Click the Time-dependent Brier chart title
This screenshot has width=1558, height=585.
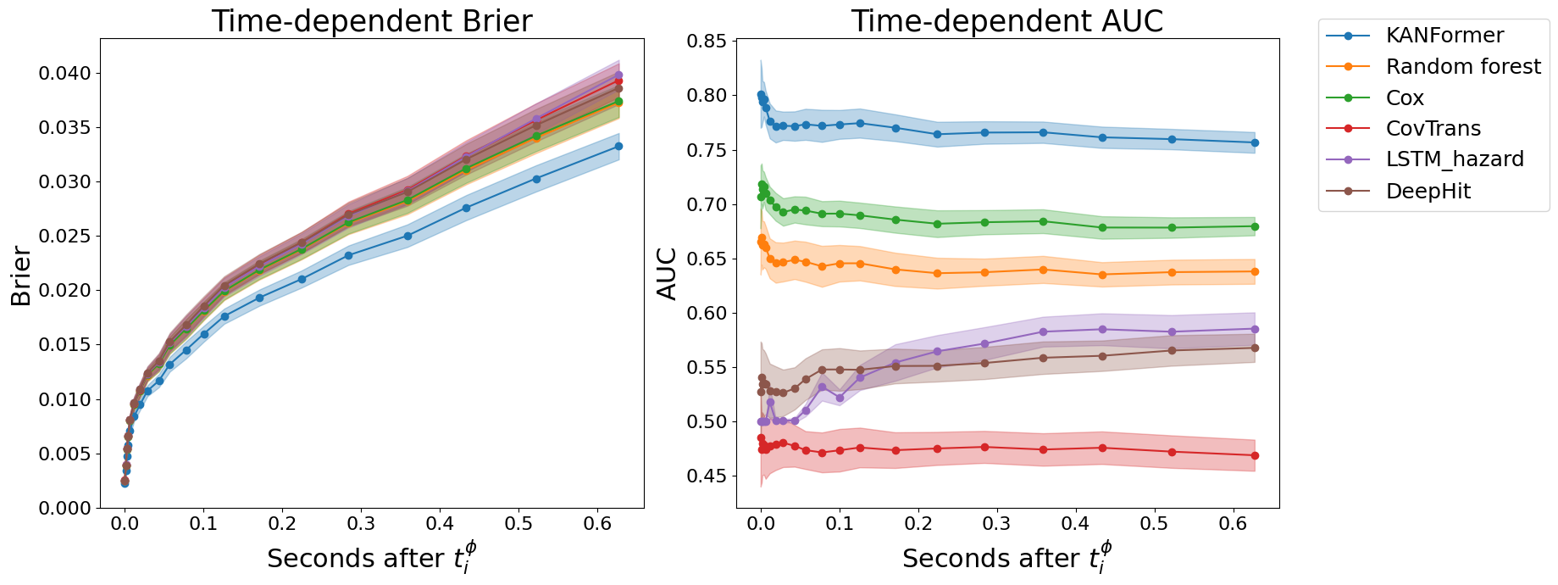372,21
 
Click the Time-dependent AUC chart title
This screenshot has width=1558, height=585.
1006,21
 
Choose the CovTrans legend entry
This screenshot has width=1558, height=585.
1433,129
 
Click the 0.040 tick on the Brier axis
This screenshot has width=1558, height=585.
64,74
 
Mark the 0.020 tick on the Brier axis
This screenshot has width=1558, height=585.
64,291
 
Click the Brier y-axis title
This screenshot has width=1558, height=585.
21,276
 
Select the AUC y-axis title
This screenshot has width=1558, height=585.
668,273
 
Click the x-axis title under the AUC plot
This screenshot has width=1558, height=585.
1006,558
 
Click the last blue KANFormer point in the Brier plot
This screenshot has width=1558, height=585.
618,146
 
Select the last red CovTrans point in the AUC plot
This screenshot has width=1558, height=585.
1255,455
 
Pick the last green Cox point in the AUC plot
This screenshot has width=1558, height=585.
1255,226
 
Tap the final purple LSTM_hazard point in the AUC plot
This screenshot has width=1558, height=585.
1255,329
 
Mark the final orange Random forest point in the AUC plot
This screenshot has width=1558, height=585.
1255,271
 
